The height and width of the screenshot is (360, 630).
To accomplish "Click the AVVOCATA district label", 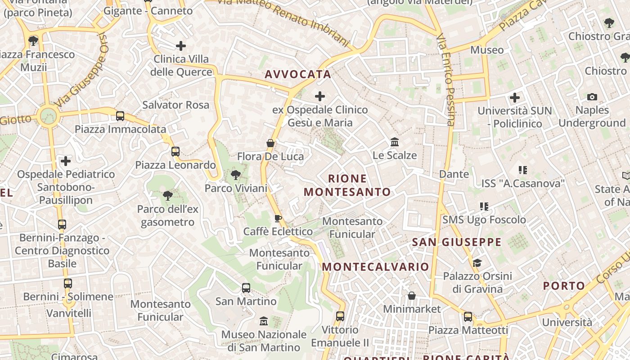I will tap(298, 74).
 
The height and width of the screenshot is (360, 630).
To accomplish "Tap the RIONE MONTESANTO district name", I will tap(347, 185).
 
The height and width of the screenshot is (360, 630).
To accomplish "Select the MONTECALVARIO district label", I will tap(376, 267).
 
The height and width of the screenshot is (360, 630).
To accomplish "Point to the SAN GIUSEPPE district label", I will tap(457, 242).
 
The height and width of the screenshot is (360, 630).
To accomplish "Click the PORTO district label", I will tap(564, 286).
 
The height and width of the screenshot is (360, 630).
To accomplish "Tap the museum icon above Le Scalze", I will tap(395, 142).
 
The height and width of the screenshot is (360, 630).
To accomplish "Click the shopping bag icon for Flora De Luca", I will tap(270, 144).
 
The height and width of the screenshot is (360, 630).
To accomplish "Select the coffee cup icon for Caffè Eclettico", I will tap(278, 218).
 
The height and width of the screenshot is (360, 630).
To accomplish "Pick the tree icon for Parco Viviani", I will tap(235, 175).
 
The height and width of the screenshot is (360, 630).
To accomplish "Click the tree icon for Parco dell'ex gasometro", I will tap(168, 195).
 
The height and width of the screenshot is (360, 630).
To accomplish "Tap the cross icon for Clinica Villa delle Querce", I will tap(181, 45).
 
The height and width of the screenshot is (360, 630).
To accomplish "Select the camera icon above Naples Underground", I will tap(592, 97).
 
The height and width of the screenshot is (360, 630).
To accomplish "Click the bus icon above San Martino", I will tap(246, 288).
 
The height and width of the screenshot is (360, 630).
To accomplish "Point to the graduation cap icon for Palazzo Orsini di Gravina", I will tap(477, 263).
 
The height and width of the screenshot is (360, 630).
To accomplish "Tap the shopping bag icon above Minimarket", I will tap(411, 296).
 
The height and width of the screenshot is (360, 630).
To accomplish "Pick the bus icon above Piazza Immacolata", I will tap(120, 116).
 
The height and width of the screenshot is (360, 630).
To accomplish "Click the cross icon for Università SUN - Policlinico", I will tap(515, 97).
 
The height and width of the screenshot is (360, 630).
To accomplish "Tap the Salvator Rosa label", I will tap(175, 105).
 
